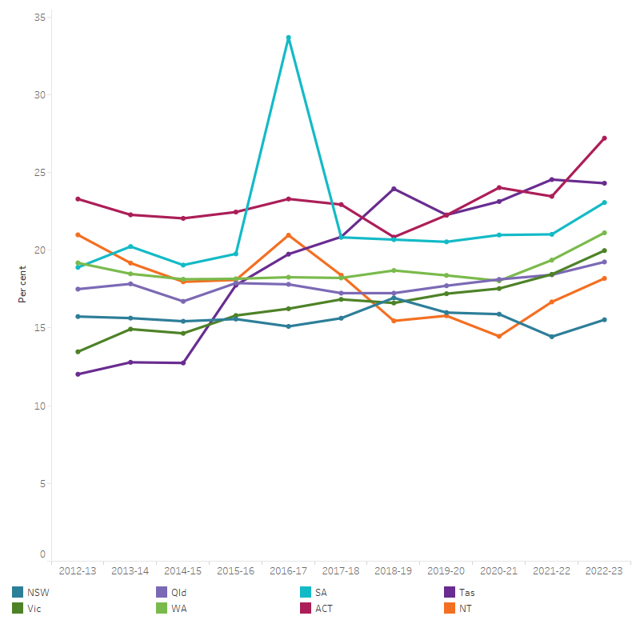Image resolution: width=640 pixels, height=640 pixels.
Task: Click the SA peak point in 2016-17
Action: point(288,38)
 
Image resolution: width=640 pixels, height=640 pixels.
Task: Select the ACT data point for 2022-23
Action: point(604,138)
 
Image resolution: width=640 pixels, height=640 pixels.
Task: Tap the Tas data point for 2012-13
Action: point(78,374)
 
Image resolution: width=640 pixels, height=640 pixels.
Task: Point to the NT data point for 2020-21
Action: point(499,336)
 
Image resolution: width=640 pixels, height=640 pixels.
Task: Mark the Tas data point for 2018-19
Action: point(394,189)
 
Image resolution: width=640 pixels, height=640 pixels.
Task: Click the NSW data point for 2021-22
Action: point(552,337)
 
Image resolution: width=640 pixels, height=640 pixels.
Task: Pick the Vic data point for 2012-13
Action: point(78,352)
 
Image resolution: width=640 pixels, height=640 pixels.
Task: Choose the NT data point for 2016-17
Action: point(288,235)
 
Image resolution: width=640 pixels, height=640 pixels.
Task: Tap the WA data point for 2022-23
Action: point(604,233)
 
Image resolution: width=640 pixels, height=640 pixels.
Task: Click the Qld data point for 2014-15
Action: point(183,302)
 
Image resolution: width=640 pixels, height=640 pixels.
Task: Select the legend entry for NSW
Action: point(37,593)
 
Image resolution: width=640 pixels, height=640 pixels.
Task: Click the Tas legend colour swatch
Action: point(450,593)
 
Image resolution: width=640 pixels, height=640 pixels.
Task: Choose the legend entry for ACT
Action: point(324,608)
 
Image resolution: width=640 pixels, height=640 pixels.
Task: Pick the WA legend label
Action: point(180,608)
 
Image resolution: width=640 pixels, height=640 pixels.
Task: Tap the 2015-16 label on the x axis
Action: point(235,571)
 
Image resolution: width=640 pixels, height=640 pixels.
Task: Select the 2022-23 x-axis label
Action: point(604,571)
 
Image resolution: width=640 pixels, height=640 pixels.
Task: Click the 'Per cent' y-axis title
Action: point(23,285)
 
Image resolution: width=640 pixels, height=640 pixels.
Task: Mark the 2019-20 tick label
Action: point(446,571)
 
